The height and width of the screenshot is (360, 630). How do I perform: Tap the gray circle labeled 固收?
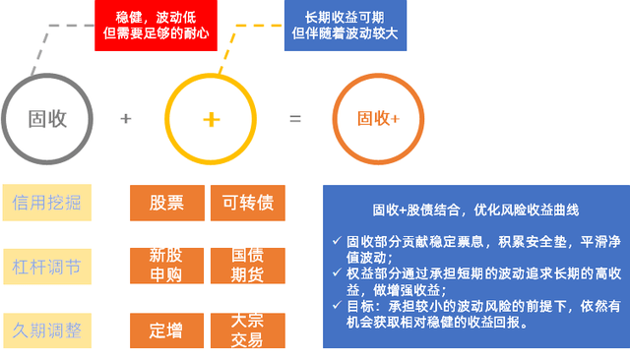(x=47, y=119)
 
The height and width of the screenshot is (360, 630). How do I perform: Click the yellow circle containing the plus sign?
(x=211, y=119)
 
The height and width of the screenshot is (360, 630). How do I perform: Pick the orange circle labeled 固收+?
(x=378, y=119)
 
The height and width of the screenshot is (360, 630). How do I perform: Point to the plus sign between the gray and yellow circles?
(x=125, y=119)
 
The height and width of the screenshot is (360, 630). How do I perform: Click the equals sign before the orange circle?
(x=294, y=119)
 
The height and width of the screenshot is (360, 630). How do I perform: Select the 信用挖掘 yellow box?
(x=47, y=203)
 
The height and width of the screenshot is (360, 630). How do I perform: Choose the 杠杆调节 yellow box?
(x=47, y=267)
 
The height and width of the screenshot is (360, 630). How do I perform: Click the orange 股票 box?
(x=167, y=203)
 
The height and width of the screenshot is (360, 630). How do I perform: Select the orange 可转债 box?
(x=248, y=203)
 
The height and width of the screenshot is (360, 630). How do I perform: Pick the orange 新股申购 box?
(x=167, y=266)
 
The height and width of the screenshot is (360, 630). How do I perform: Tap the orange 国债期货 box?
(x=248, y=266)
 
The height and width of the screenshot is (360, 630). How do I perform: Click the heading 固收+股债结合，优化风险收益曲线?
(x=475, y=210)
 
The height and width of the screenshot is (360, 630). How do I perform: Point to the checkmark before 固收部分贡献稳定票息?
(x=337, y=241)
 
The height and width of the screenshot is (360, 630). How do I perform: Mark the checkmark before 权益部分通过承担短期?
(x=337, y=272)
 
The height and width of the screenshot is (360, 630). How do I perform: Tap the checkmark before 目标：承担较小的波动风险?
(x=337, y=306)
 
